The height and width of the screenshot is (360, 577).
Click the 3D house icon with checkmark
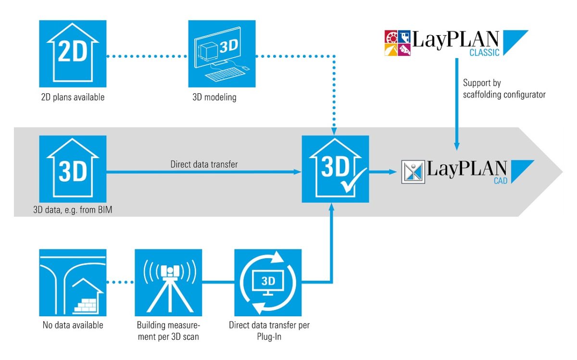335,169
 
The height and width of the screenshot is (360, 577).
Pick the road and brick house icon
72,282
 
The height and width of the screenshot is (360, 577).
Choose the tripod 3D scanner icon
168,282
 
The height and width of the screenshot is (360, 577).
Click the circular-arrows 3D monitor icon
268,282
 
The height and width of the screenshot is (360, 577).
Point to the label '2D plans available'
72,98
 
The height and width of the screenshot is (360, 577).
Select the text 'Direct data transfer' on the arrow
204,164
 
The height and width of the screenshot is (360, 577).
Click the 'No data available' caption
72,325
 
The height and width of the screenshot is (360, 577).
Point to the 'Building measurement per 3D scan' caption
168,331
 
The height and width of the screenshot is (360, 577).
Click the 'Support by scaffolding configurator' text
504,89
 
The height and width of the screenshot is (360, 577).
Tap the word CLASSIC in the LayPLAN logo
484,53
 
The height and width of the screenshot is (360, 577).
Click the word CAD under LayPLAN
500,181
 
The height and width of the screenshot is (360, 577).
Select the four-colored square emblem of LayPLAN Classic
399,43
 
